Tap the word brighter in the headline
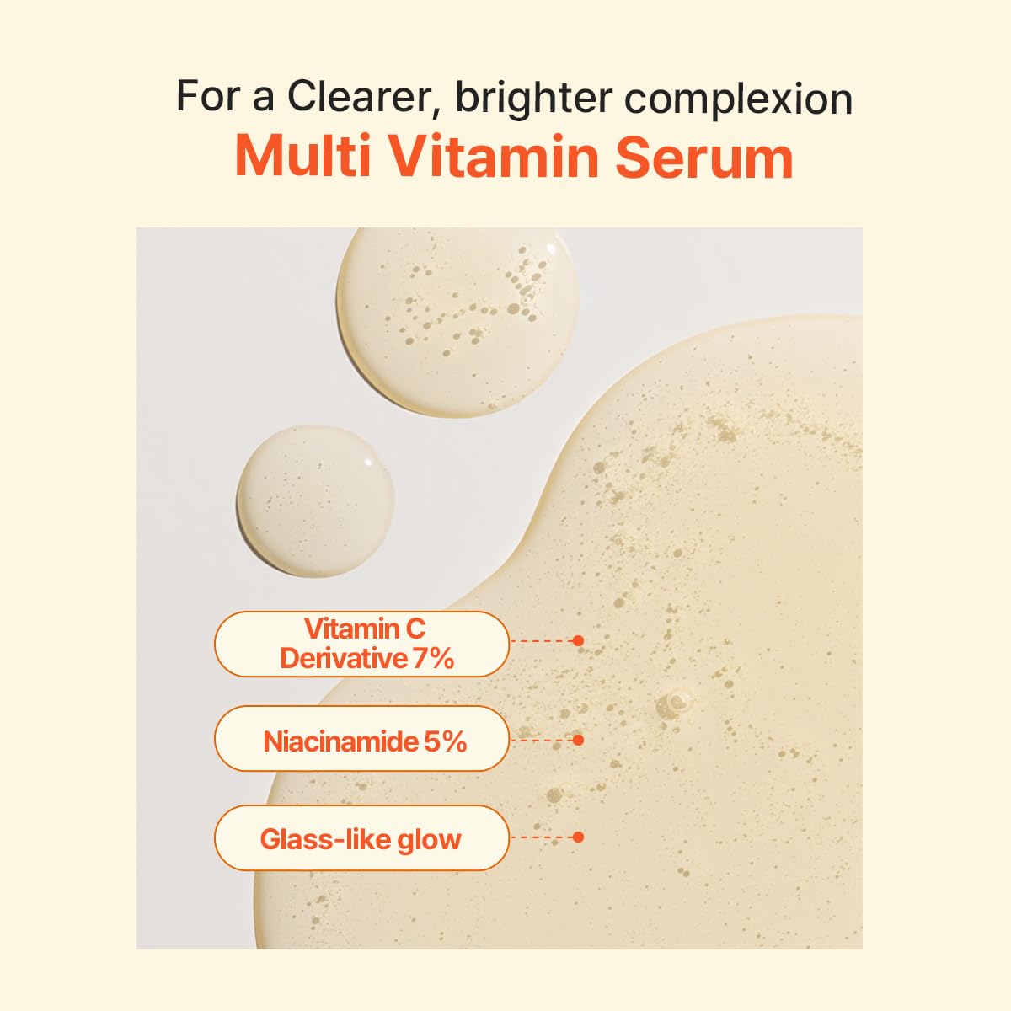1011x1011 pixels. click(x=532, y=99)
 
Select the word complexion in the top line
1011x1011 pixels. click(x=738, y=100)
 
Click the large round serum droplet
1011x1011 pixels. click(x=458, y=322)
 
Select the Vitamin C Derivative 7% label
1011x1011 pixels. click(x=362, y=644)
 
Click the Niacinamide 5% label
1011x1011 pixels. click(x=362, y=741)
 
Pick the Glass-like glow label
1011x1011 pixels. click(x=362, y=838)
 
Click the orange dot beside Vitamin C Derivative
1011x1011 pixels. click(x=578, y=640)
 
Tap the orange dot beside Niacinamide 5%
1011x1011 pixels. click(x=578, y=740)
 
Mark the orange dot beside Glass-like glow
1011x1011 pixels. click(x=578, y=837)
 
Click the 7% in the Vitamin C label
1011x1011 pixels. click(x=433, y=658)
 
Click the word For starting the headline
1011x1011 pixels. click(x=200, y=96)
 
